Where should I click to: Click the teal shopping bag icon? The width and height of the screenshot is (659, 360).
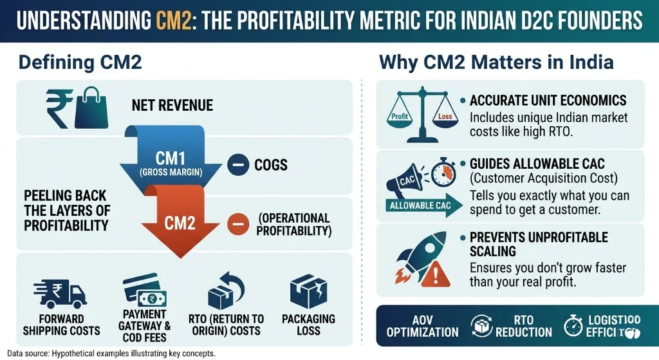click(88, 107)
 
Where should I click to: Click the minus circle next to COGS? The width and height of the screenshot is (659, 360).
click(238, 165)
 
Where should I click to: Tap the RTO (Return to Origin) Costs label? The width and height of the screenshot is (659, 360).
click(226, 325)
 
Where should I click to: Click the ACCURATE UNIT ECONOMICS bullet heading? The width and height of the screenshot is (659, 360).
click(548, 101)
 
